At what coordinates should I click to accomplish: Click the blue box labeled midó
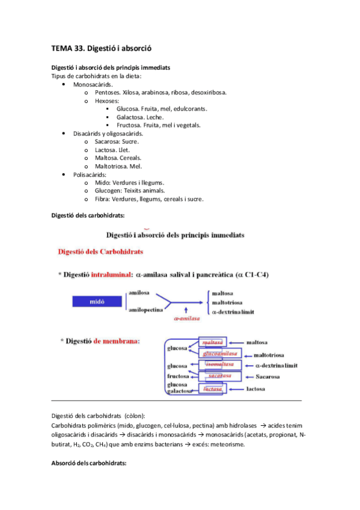pyautogui.click(x=93, y=303)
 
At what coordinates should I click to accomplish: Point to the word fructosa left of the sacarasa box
pyautogui.click(x=178, y=376)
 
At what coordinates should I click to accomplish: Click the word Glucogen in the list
pyautogui.click(x=108, y=191)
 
